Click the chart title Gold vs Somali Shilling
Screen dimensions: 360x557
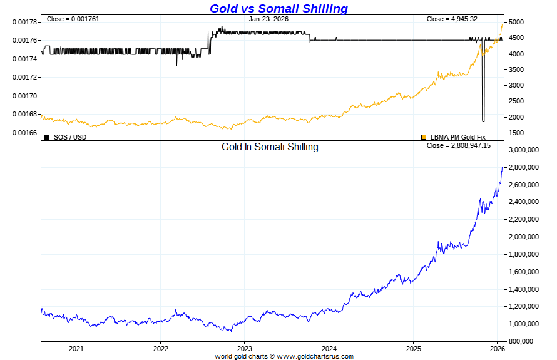(278, 8)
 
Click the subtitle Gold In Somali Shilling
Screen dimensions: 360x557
(270, 147)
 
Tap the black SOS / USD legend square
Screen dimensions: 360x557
(47, 136)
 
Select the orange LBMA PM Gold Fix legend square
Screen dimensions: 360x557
(424, 136)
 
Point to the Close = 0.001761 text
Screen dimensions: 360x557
(73, 19)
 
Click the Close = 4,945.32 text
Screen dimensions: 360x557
(452, 19)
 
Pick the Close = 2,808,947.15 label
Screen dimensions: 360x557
(459, 145)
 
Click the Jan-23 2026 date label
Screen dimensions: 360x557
(268, 19)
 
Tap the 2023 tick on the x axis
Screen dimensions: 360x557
(245, 348)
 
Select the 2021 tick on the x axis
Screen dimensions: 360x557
(76, 348)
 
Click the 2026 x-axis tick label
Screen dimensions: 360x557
(497, 348)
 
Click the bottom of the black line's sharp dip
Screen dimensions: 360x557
(483, 121)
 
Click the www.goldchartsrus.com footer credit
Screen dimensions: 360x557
(315, 356)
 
